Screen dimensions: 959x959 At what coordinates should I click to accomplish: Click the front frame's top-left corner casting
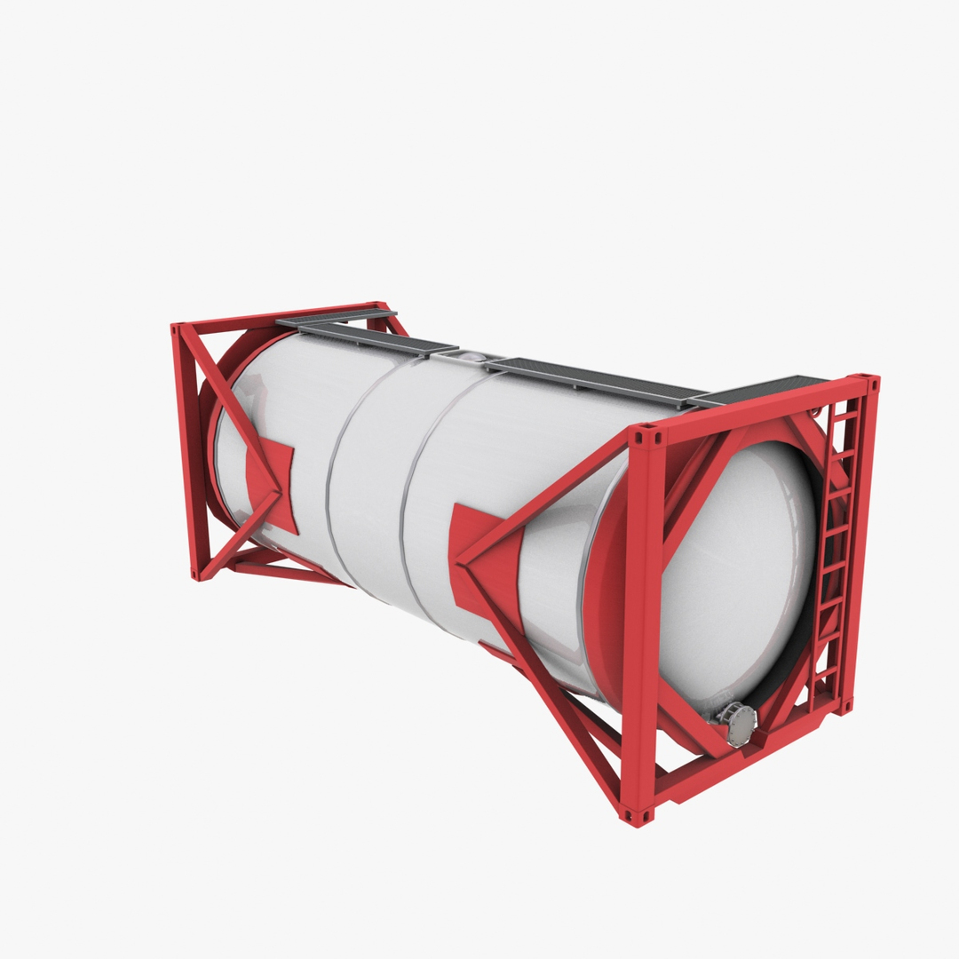(646, 436)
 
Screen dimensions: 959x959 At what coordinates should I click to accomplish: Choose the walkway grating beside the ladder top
(764, 391)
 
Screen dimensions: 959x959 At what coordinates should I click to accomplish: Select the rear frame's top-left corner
(178, 330)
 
